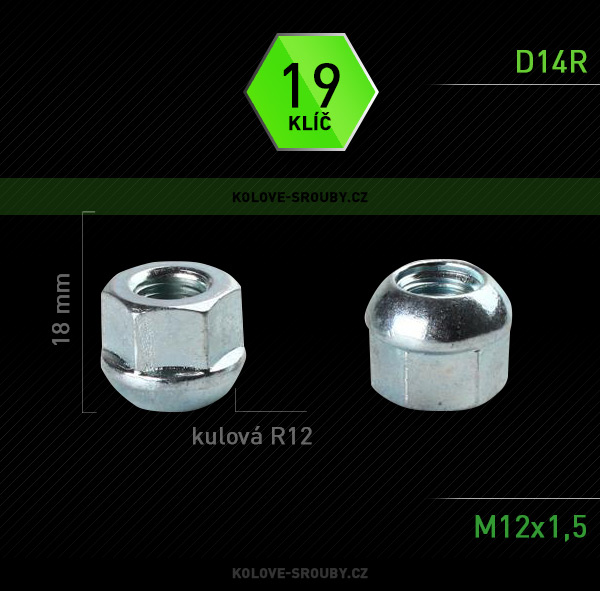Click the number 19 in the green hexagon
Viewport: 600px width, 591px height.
click(x=311, y=85)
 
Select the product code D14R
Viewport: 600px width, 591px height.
click(x=551, y=62)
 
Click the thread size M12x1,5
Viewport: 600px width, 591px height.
click(x=530, y=527)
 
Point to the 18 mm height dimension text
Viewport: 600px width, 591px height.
click(x=61, y=309)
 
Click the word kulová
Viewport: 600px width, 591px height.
click(x=227, y=436)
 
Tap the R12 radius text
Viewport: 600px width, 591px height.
click(x=292, y=436)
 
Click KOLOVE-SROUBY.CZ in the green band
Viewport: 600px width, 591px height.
click(x=300, y=197)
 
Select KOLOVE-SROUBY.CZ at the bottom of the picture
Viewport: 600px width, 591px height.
click(x=300, y=573)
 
